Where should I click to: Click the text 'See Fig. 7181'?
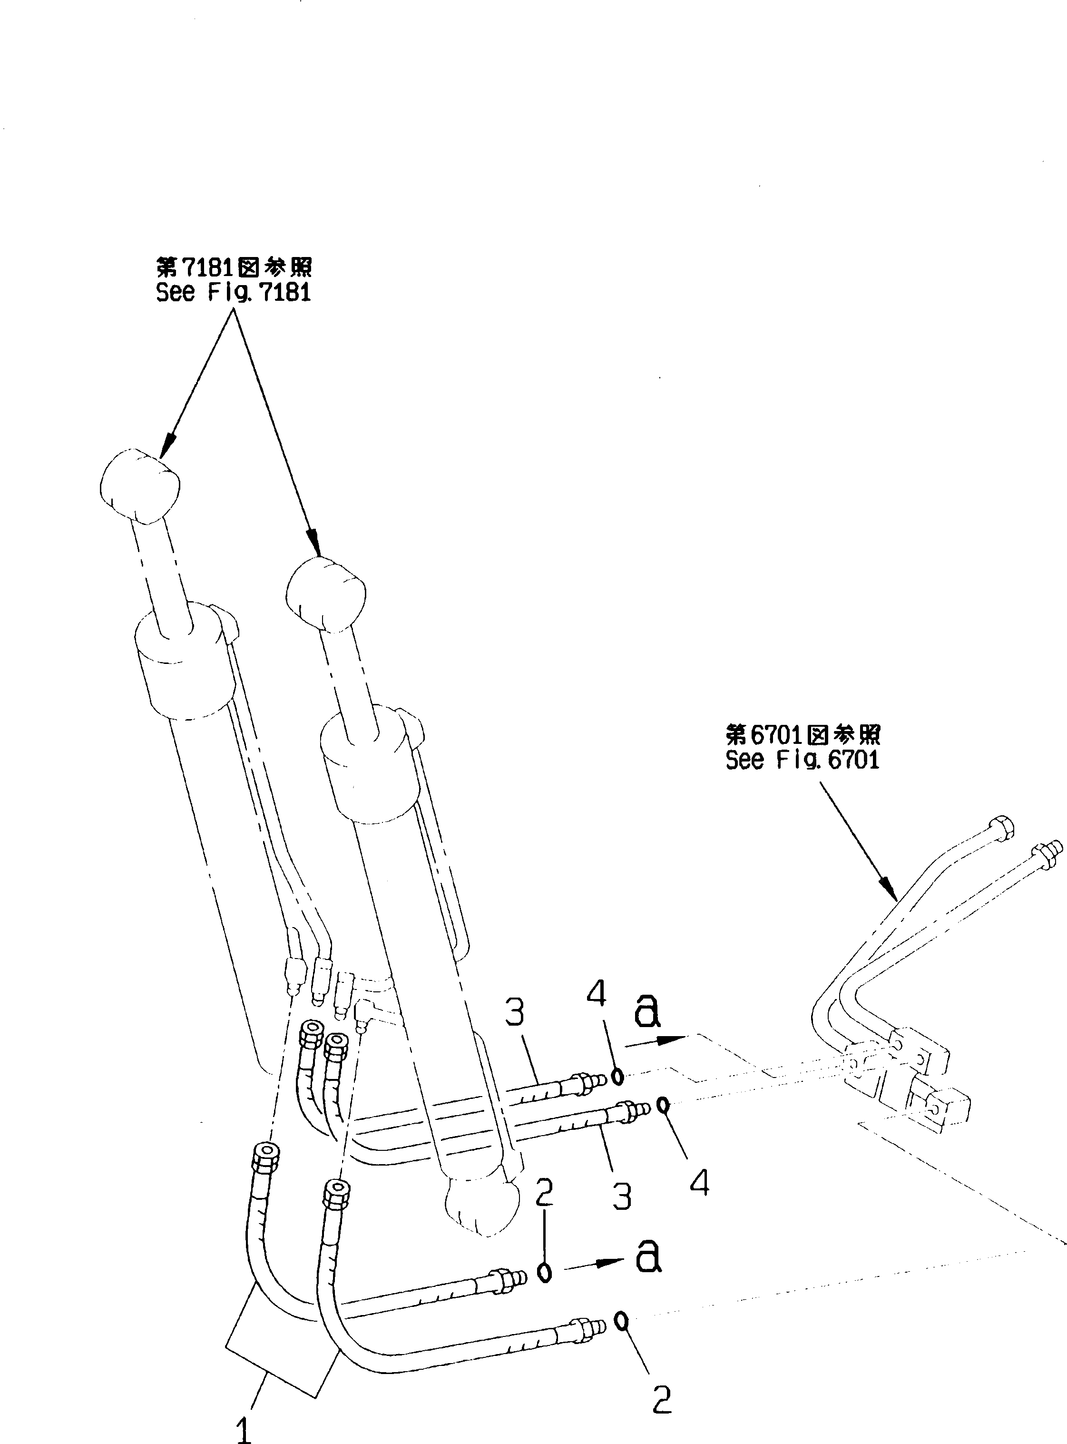[233, 293]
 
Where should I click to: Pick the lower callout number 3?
[621, 1197]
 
